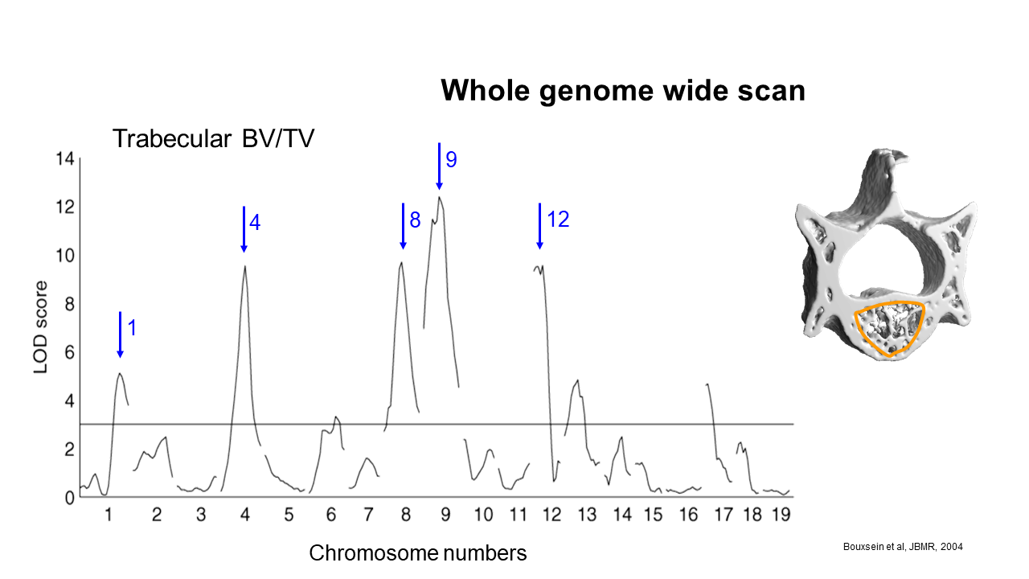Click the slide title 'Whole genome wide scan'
(x=623, y=91)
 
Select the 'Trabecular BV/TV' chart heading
(x=213, y=138)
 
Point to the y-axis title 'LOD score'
(x=41, y=327)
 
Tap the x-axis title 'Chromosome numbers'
(x=417, y=552)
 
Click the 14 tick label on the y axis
(x=65, y=159)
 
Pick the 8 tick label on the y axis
(x=69, y=304)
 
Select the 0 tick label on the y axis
(x=69, y=498)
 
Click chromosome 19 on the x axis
(x=781, y=515)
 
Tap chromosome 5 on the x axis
(x=289, y=515)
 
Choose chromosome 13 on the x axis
(x=587, y=515)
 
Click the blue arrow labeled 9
(x=439, y=166)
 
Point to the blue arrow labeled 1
(x=121, y=335)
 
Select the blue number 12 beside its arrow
(x=558, y=220)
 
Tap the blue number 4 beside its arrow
(x=255, y=223)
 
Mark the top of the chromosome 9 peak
(x=439, y=197)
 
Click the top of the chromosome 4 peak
(x=245, y=266)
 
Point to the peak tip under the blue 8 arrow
(x=401, y=262)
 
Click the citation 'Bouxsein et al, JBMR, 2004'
(x=903, y=547)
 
